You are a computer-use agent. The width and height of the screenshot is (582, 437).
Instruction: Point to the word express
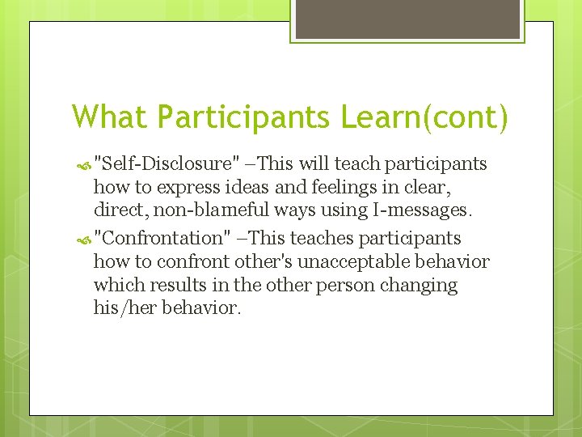pyautogui.click(x=184, y=188)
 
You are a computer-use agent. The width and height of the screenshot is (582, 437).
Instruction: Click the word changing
pyautogui.click(x=422, y=286)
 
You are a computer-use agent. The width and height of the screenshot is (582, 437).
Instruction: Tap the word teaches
pyautogui.click(x=322, y=238)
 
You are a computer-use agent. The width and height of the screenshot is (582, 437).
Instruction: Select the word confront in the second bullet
pyautogui.click(x=186, y=261)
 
